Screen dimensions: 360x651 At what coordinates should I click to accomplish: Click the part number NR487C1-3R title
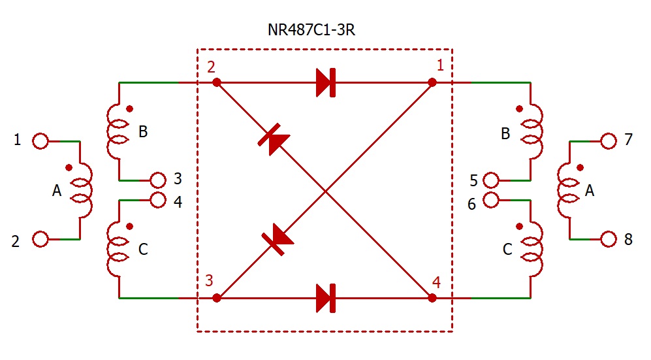325,31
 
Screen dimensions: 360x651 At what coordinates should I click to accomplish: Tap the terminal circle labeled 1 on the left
40,140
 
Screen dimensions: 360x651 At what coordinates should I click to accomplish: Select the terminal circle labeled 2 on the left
40,240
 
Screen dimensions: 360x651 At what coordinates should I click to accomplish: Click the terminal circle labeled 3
158,180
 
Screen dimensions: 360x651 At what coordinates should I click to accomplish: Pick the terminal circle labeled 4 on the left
158,200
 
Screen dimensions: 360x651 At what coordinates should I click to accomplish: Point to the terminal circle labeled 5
492,180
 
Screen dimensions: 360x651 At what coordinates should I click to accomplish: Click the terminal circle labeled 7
609,140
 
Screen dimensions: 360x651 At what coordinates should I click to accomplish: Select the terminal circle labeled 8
609,240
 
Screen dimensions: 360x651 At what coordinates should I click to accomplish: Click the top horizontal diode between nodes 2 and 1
325,83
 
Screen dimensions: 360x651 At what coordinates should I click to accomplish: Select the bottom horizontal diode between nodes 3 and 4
325,299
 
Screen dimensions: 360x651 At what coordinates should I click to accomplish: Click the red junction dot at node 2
217,83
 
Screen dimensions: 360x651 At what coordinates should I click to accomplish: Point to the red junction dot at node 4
432,299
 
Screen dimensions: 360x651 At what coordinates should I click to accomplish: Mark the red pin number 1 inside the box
440,65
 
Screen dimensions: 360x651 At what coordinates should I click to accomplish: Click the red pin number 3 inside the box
209,282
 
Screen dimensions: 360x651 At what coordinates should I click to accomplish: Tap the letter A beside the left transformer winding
57,191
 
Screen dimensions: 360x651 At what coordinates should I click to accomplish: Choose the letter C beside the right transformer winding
507,249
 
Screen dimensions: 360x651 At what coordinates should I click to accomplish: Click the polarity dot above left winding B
129,108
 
